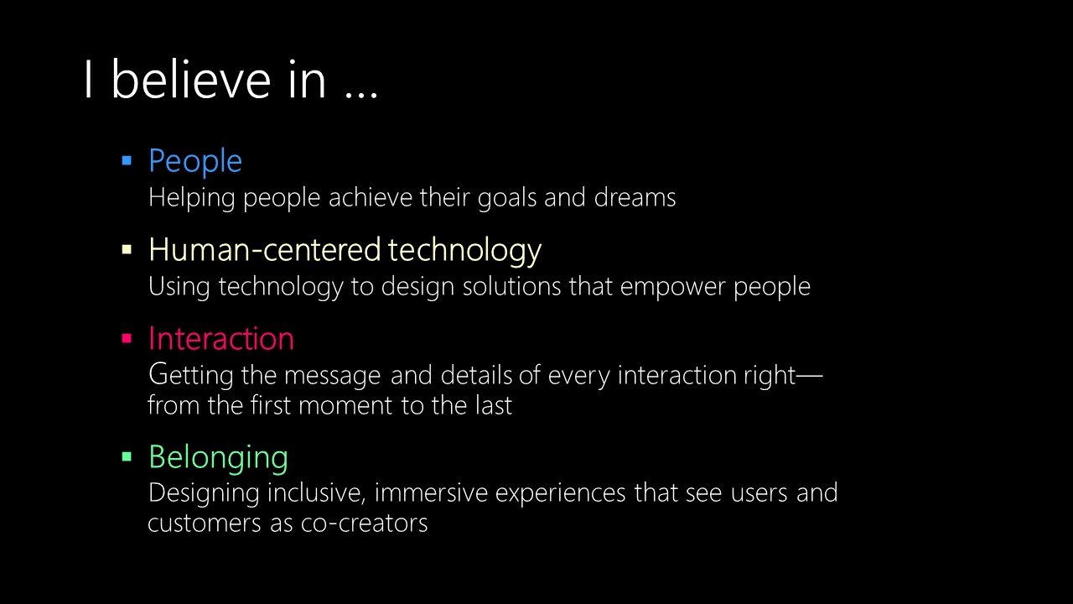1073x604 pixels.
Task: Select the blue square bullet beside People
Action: tap(127, 160)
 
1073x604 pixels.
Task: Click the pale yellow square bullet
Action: tap(127, 249)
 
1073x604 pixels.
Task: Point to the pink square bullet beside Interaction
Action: tap(127, 338)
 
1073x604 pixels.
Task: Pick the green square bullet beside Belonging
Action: tap(127, 456)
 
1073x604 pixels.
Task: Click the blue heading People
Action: tap(195, 162)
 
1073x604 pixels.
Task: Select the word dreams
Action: tap(635, 197)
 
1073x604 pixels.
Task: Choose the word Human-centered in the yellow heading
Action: tap(265, 249)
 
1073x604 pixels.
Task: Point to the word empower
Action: tap(672, 288)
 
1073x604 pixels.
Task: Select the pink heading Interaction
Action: tap(221, 338)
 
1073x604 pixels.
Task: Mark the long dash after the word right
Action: tap(810, 375)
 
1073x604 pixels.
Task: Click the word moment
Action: tap(345, 406)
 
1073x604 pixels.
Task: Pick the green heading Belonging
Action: tap(219, 458)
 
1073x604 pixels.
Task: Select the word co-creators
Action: tap(364, 523)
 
